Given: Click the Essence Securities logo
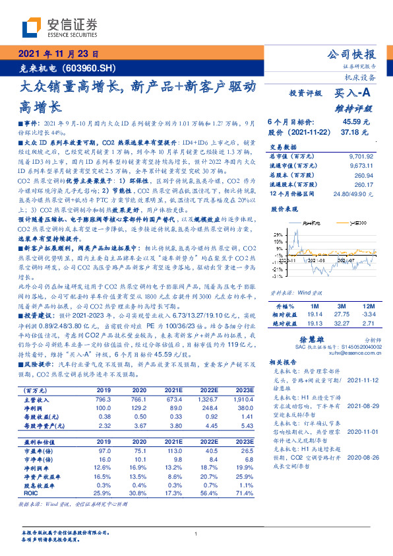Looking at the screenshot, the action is coord(59,27).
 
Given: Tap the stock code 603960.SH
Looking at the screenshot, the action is coord(92,68).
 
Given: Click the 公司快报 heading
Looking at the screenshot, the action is coord(352,54).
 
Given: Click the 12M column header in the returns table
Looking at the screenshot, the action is coord(368,307).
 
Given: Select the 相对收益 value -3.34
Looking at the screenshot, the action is coord(368,316).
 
